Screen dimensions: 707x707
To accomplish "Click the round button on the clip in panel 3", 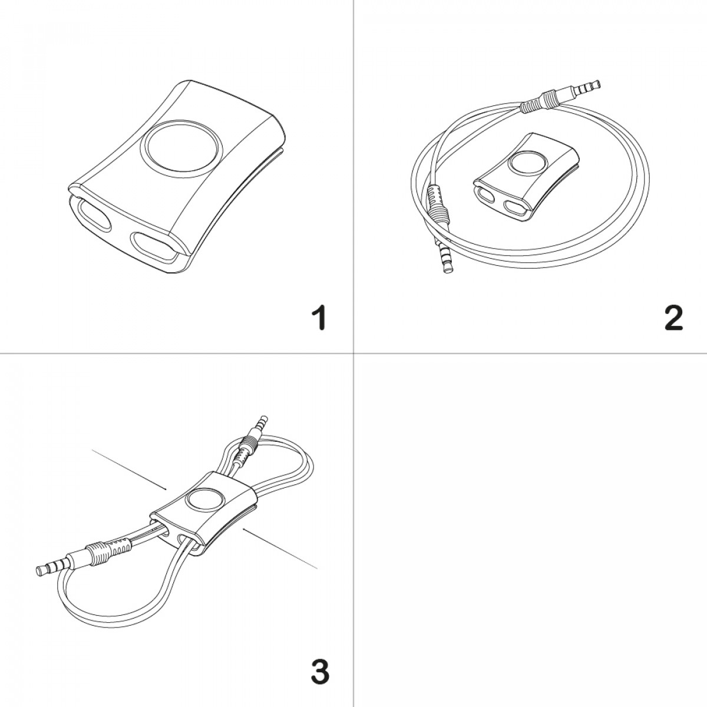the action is click(x=204, y=500).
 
